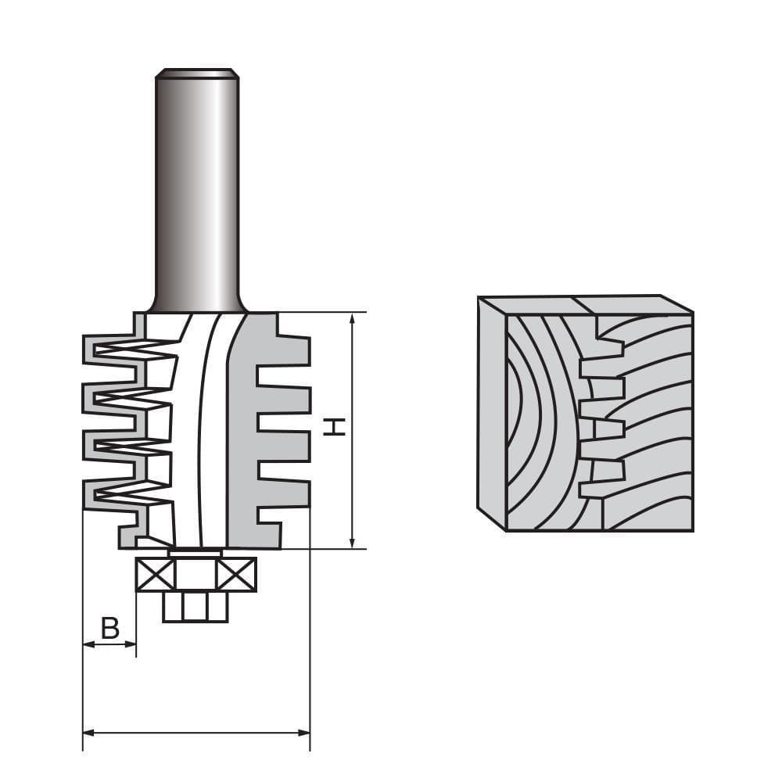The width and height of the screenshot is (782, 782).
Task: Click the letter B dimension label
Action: coord(110,627)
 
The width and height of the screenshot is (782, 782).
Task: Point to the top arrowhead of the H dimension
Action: coord(353,317)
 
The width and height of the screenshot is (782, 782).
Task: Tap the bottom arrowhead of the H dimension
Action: coord(353,543)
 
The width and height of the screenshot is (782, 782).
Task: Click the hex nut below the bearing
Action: coord(195,606)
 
